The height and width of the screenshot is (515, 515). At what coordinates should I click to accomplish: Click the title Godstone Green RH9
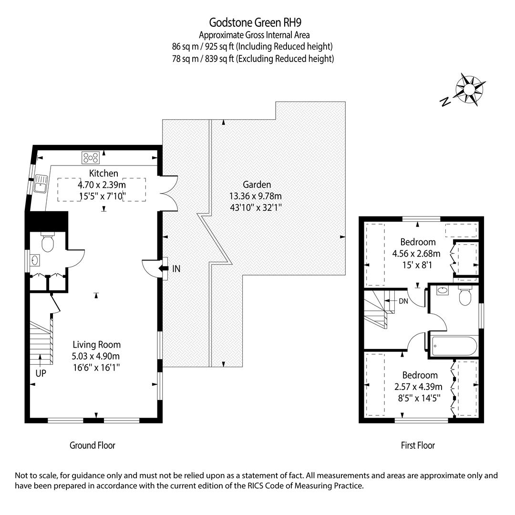[255, 22]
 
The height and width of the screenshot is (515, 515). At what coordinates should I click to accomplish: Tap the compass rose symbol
[469, 89]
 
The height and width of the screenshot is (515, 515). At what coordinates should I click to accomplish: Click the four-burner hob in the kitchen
[91, 158]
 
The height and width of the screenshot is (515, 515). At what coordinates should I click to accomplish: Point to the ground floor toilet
[48, 242]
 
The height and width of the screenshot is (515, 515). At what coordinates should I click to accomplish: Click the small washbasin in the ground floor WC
[35, 260]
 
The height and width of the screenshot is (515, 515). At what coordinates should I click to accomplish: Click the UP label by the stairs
[41, 373]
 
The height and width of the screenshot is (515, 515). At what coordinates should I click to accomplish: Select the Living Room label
[96, 345]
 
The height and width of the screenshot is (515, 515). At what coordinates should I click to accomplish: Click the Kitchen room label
[103, 173]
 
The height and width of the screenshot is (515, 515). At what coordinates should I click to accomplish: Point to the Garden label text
[257, 184]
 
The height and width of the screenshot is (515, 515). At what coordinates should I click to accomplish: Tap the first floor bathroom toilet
[465, 297]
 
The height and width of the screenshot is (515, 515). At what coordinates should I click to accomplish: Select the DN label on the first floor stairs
[403, 301]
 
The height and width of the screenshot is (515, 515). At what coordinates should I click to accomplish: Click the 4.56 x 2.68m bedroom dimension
[416, 254]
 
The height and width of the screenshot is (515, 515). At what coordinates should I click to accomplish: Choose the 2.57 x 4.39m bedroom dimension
[419, 387]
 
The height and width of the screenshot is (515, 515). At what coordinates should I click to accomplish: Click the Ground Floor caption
[93, 445]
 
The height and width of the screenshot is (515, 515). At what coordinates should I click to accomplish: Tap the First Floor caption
[418, 445]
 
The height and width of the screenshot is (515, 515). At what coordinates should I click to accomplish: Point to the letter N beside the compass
[445, 102]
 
